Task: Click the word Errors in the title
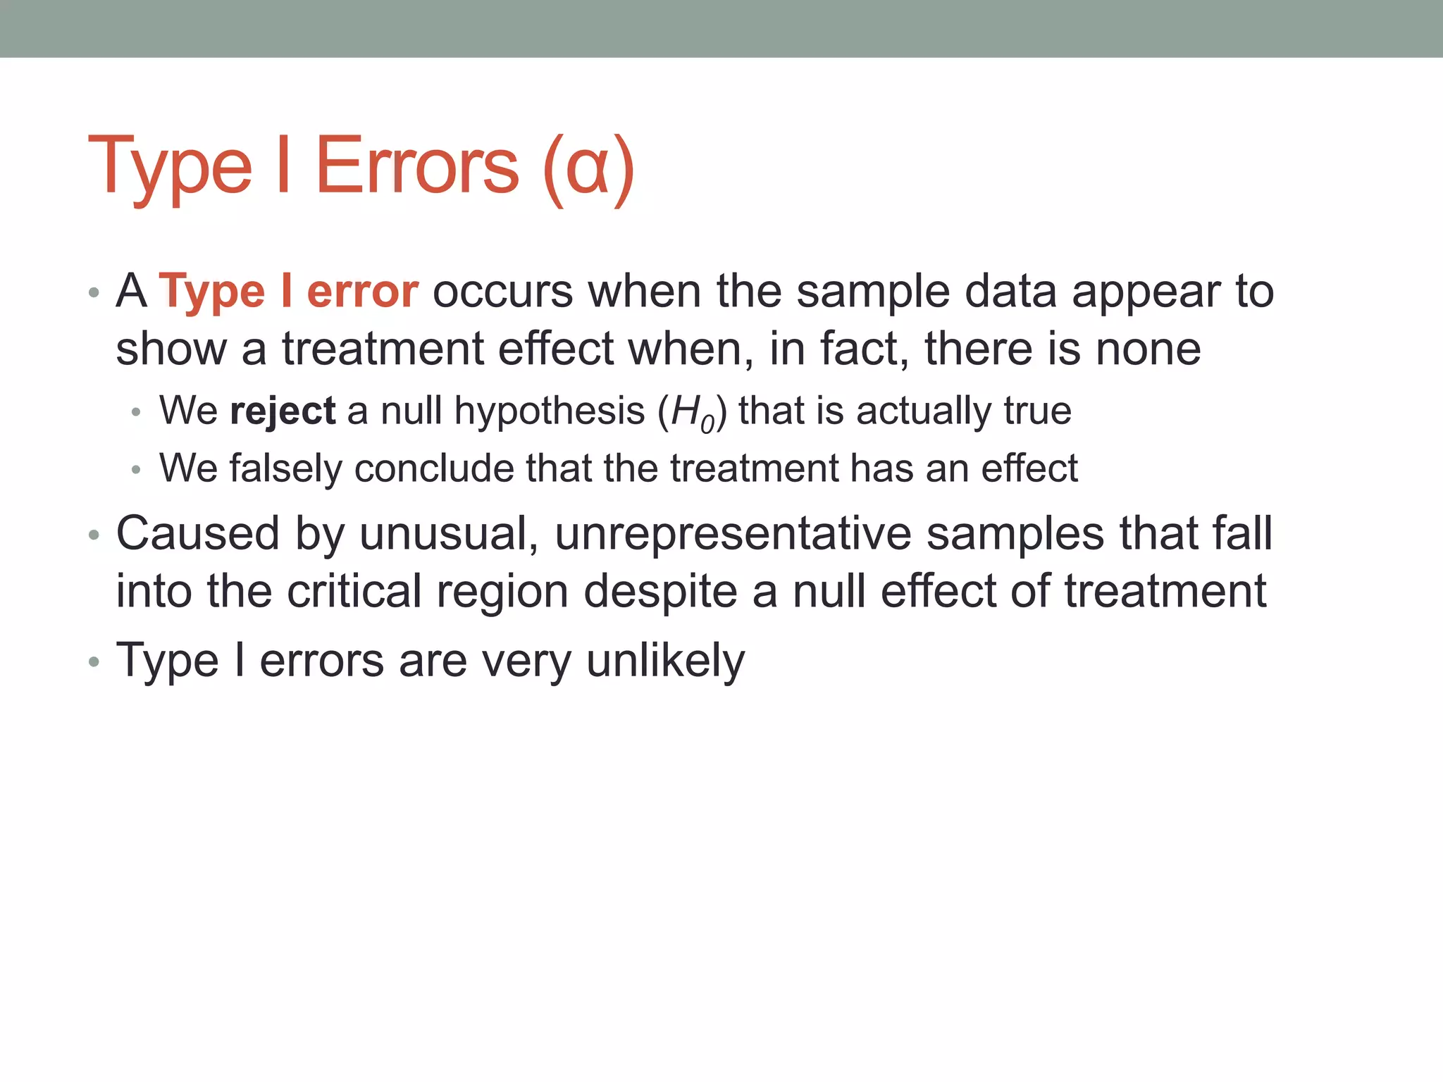[x=417, y=166]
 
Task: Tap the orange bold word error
[x=363, y=292]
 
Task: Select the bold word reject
[x=283, y=411]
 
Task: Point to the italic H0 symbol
[x=693, y=413]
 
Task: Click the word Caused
[x=198, y=534]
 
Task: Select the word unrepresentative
[x=733, y=534]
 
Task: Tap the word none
[x=1148, y=350]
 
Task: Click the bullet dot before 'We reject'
[x=136, y=412]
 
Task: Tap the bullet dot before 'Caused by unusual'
[x=94, y=535]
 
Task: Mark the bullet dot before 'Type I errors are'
[x=94, y=662]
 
